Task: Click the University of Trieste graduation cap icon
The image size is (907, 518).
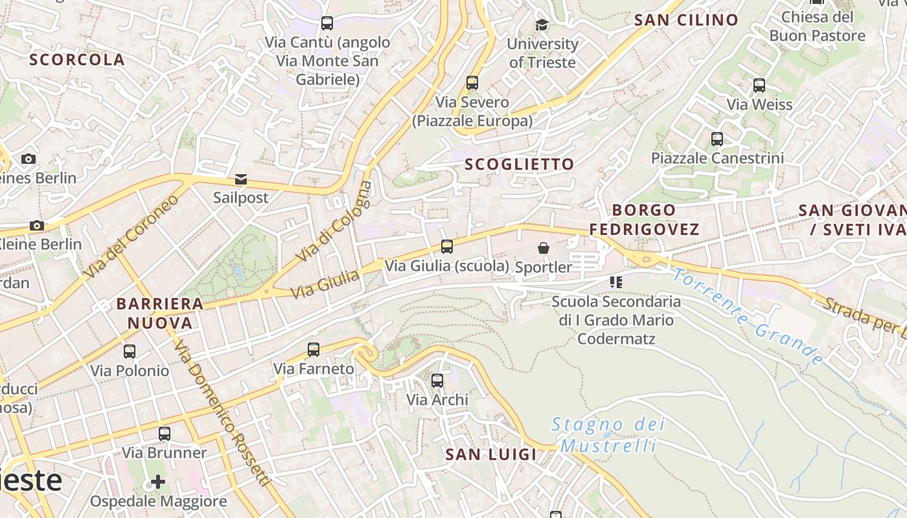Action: [542, 25]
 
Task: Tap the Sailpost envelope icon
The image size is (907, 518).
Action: [241, 179]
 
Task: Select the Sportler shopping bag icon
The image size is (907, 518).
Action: [544, 248]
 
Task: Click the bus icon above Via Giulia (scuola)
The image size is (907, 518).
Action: [447, 247]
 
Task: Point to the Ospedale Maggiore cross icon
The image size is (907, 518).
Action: [158, 482]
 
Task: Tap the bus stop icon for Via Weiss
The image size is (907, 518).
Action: [759, 85]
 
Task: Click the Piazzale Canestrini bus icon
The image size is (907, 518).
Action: [717, 139]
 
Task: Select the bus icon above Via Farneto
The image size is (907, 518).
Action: [314, 350]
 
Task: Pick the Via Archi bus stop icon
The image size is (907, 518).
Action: [437, 381]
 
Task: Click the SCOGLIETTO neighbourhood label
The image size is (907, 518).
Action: [520, 164]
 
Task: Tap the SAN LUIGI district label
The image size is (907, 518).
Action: [491, 455]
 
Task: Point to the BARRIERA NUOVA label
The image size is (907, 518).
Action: [160, 313]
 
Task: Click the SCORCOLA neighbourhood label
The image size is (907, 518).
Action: [77, 60]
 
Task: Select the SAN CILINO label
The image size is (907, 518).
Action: [686, 20]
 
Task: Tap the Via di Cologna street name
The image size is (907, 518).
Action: [335, 221]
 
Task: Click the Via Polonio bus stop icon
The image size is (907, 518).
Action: [130, 352]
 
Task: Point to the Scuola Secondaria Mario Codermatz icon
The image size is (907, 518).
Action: [615, 282]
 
